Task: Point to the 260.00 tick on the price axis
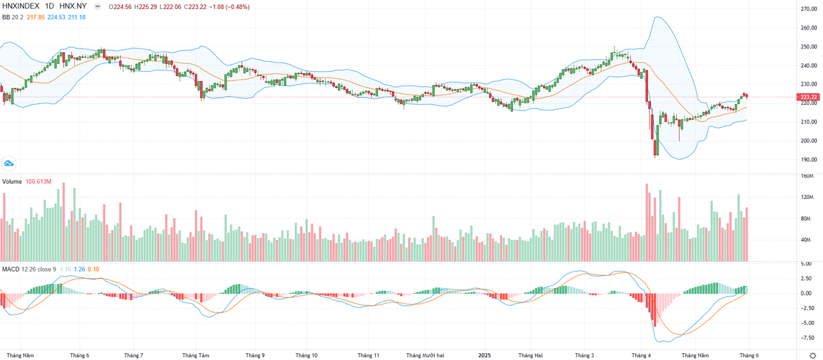click(807, 28)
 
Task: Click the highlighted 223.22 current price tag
click(809, 97)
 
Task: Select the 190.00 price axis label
click(807, 160)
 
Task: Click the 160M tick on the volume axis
click(806, 176)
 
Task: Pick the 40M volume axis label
click(807, 240)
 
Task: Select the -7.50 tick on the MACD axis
click(807, 337)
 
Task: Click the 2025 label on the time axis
click(485, 356)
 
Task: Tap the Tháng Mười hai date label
click(425, 356)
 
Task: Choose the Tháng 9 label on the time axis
click(254, 356)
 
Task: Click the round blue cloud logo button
click(8, 163)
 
